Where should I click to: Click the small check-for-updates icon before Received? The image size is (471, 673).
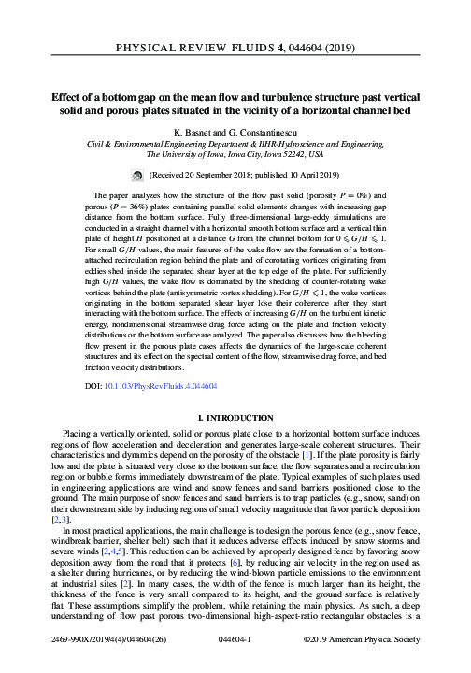coord(163,175)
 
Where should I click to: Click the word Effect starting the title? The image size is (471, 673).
coord(65,93)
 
